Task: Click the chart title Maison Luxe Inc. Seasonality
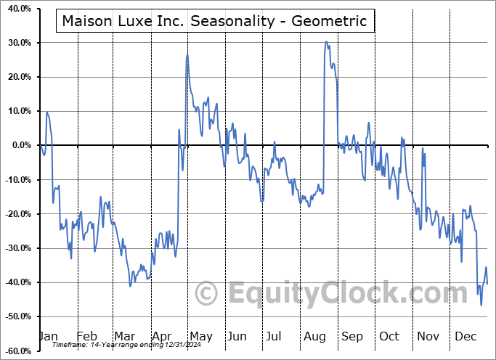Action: [214, 21]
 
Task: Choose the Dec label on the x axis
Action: [465, 337]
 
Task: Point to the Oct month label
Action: [389, 337]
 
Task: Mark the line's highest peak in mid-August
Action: [326, 42]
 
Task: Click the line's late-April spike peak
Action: [187, 54]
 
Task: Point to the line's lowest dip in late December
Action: [481, 305]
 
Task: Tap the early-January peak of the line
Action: [47, 112]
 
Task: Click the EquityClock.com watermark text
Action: [338, 293]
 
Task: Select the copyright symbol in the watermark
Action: [207, 293]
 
